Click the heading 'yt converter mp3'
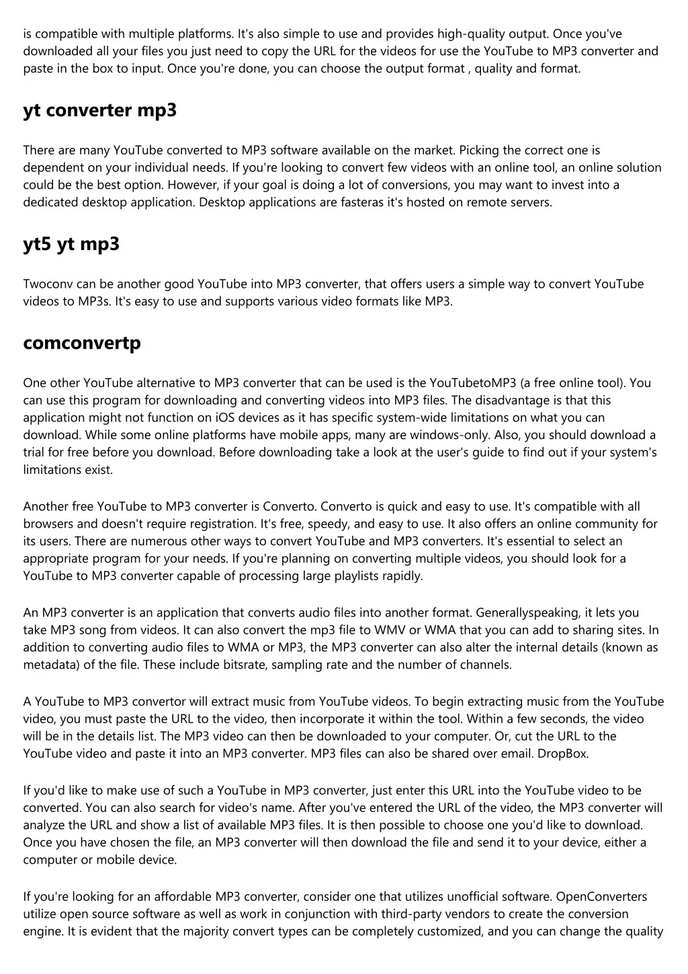(99, 110)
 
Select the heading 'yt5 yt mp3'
(71, 244)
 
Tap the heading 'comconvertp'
(82, 343)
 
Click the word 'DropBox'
(562, 754)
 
